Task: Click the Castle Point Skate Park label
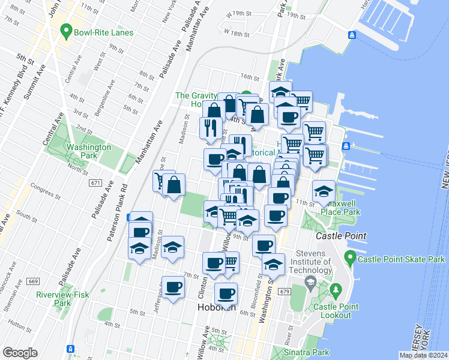click(x=401, y=259)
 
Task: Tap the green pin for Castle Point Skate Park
click(x=350, y=259)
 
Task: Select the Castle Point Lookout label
click(x=340, y=311)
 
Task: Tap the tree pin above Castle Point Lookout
click(x=336, y=292)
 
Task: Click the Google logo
click(x=19, y=352)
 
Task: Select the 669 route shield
click(x=33, y=281)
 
